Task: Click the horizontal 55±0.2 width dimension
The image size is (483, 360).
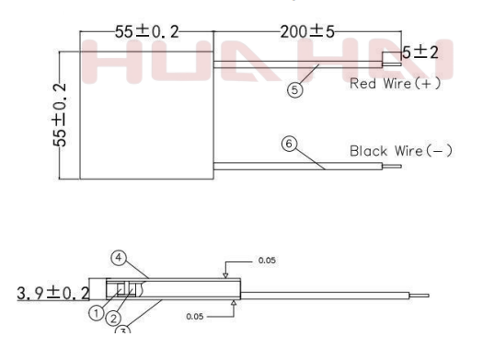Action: pos(146,31)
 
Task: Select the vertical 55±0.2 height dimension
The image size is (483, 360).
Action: pos(60,115)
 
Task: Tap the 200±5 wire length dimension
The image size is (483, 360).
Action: pos(307,31)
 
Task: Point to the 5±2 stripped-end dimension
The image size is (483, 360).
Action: pos(420,52)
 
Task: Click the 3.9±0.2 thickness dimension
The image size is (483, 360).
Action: pos(53,293)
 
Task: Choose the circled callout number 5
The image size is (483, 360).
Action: pos(294,90)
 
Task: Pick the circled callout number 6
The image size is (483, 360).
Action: pos(289,144)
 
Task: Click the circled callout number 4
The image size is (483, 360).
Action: pos(119,258)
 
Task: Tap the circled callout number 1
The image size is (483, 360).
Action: pos(97,313)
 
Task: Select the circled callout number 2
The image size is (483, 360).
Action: pos(113,319)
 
